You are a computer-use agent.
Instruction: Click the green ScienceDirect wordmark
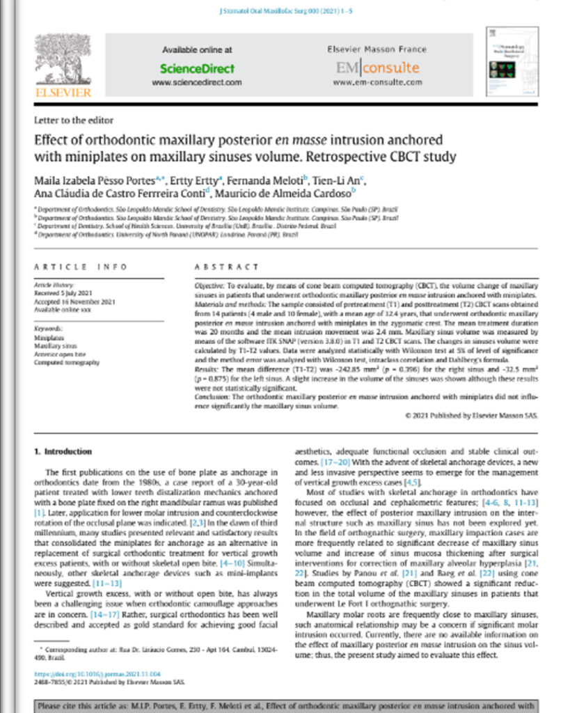click(197, 68)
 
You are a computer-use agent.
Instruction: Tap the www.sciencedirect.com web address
click(197, 82)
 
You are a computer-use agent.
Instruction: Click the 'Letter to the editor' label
click(73, 120)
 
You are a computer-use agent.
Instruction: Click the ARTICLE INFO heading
click(81, 267)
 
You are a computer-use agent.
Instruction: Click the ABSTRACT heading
click(226, 267)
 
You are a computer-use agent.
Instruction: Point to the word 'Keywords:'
click(48, 327)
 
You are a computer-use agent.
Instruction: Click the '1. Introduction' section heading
click(63, 451)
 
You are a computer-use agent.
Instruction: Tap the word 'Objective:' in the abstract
click(208, 286)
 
